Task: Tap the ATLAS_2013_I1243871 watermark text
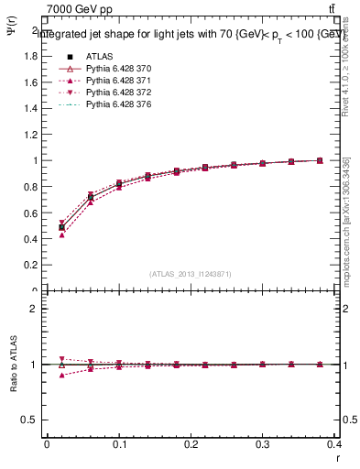pos(191,274)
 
